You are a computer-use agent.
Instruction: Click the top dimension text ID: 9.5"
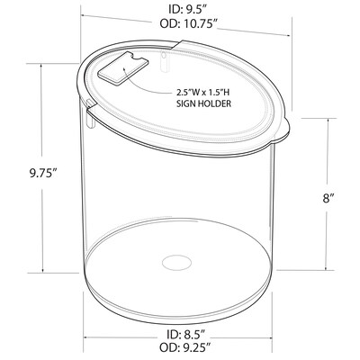tap(186, 9)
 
